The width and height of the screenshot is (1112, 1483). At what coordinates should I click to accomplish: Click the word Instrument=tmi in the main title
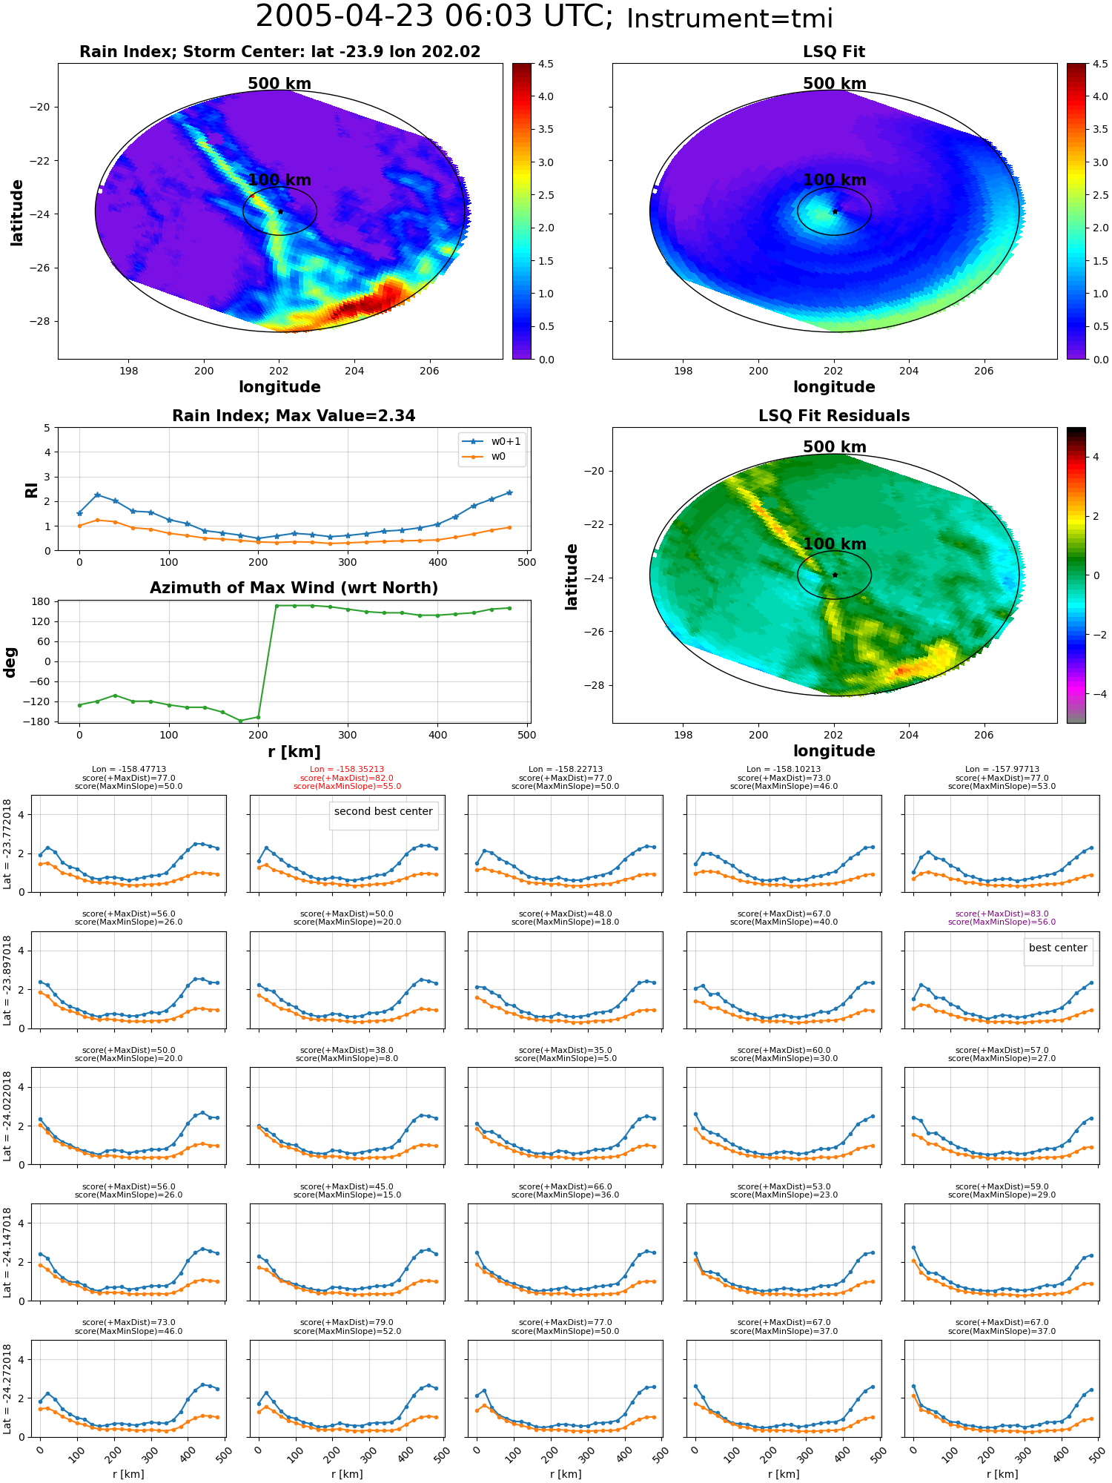pyautogui.click(x=729, y=19)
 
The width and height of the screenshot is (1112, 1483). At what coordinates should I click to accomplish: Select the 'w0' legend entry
pyautogui.click(x=498, y=456)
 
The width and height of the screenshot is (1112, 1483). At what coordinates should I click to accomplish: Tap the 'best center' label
pyautogui.click(x=1058, y=948)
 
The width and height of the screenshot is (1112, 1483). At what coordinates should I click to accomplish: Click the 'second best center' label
pyautogui.click(x=383, y=811)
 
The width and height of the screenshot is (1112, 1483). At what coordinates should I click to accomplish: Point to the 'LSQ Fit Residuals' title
pyautogui.click(x=834, y=416)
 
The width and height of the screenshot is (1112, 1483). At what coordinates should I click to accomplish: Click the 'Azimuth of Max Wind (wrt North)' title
pyautogui.click(x=294, y=588)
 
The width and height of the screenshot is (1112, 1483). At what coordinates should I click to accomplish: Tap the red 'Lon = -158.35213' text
pyautogui.click(x=347, y=770)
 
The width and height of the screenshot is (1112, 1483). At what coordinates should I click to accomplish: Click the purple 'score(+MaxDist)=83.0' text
pyautogui.click(x=1002, y=914)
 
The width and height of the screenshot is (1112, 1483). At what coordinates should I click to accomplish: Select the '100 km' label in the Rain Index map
pyautogui.click(x=279, y=179)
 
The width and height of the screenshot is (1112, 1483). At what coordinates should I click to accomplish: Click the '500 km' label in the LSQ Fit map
pyautogui.click(x=834, y=84)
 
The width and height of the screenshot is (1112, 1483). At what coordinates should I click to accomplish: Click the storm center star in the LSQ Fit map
pyautogui.click(x=835, y=211)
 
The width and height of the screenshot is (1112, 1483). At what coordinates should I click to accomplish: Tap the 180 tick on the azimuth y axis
pyautogui.click(x=42, y=601)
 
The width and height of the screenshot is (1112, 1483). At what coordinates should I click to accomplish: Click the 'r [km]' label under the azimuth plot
pyautogui.click(x=294, y=752)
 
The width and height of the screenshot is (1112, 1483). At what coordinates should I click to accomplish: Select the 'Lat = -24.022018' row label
pyautogui.click(x=7, y=1116)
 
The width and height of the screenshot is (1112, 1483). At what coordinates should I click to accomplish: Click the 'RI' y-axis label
pyautogui.click(x=31, y=489)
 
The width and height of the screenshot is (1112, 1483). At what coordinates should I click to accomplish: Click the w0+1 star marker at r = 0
pyautogui.click(x=79, y=513)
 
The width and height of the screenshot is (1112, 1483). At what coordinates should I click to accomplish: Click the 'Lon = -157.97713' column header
pyautogui.click(x=1002, y=770)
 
